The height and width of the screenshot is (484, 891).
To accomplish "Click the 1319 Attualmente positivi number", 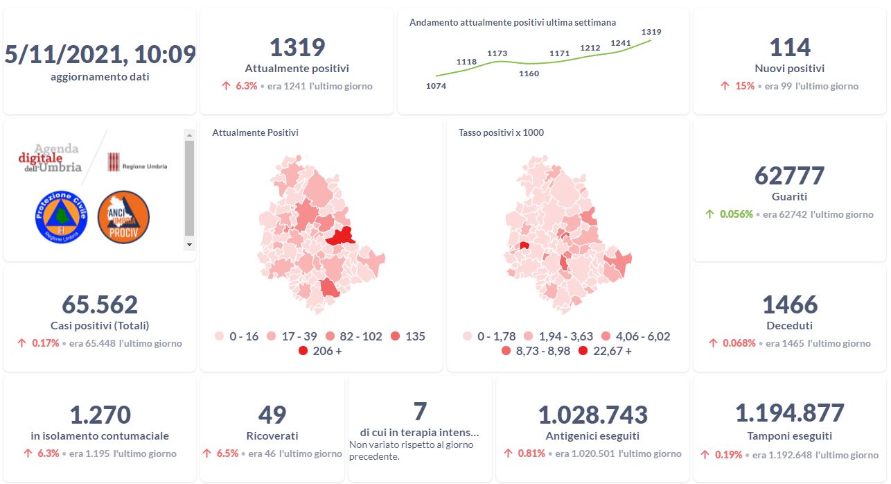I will (x=297, y=47).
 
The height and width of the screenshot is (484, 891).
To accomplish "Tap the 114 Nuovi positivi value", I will (x=789, y=47).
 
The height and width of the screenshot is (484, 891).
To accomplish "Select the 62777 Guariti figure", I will (x=789, y=175).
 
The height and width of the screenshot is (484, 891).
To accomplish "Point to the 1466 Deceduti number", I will (x=789, y=304).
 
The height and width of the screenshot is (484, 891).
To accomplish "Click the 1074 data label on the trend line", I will (x=436, y=86).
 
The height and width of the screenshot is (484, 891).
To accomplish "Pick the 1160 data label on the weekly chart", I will (x=529, y=74).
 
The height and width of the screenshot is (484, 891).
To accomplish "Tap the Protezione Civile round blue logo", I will (x=61, y=217).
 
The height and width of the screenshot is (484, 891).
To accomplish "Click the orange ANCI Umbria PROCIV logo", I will (x=123, y=217).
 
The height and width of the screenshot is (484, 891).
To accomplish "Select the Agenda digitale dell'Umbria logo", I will (x=51, y=158).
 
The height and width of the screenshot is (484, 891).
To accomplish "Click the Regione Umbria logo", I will (x=137, y=163).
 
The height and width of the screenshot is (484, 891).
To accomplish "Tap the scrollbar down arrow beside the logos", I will (x=189, y=245).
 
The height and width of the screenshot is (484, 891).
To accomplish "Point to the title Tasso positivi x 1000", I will (x=501, y=132).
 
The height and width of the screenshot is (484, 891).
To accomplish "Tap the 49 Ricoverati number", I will (x=272, y=415).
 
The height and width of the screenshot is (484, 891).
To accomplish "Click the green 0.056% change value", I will (x=736, y=214).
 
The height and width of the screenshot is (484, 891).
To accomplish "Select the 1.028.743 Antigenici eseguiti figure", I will (x=592, y=415).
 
